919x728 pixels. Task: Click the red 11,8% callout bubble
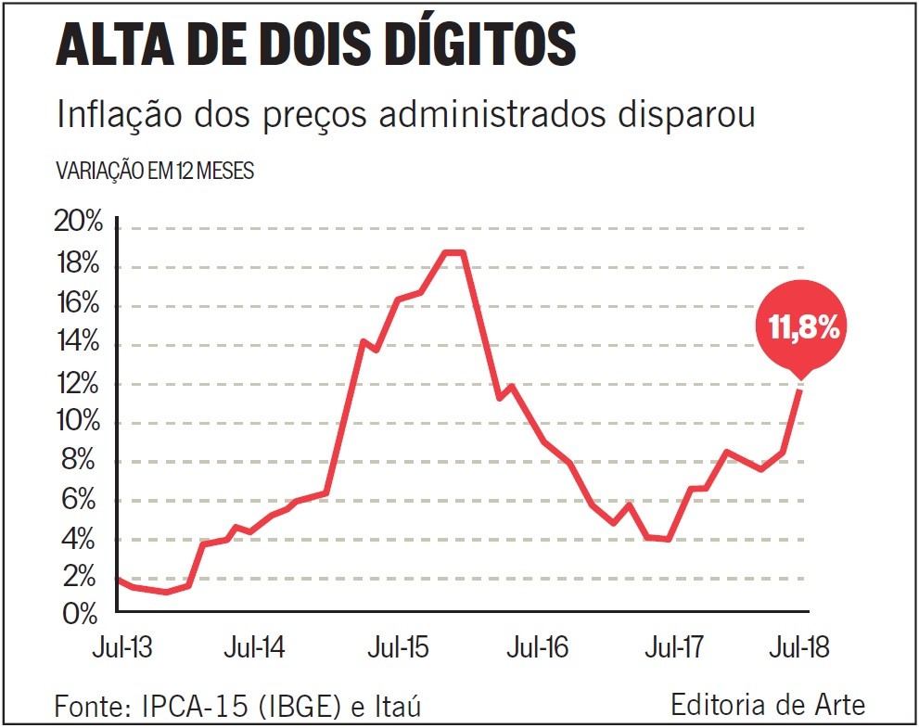[803, 326]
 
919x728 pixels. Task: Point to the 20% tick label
[77, 224]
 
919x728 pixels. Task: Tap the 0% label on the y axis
[82, 612]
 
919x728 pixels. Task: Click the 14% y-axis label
[77, 342]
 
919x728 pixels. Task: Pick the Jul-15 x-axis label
[398, 647]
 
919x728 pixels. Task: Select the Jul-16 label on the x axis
[537, 647]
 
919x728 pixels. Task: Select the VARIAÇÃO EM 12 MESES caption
[155, 172]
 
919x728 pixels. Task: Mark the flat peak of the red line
[453, 252]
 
